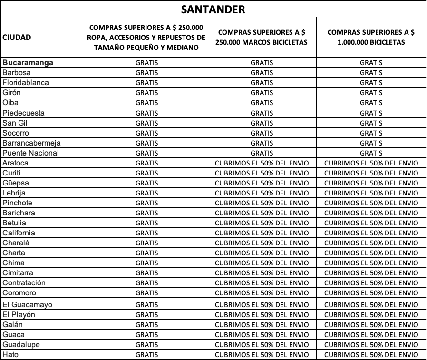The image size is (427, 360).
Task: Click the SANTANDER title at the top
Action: tap(213, 9)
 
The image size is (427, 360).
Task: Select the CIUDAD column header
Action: tap(17, 37)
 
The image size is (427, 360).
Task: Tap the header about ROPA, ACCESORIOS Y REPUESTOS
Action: tap(146, 37)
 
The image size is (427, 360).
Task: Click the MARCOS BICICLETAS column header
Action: tap(262, 37)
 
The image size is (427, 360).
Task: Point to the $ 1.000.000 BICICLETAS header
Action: tap(371, 37)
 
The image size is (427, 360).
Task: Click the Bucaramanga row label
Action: tap(28, 62)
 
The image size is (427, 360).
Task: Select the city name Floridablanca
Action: tap(25, 83)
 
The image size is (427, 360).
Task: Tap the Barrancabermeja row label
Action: tap(31, 143)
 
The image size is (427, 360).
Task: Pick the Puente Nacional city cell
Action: tap(30, 153)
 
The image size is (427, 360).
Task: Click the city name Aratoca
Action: tap(15, 163)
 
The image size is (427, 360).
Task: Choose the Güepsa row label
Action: tap(15, 183)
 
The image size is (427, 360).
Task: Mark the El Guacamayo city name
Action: tap(27, 304)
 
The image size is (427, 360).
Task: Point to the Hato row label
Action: tap(10, 354)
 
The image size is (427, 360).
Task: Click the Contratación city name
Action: tap(24, 282)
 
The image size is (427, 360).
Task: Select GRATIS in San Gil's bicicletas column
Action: tap(371, 123)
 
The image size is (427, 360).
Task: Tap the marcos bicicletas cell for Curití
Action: tap(262, 173)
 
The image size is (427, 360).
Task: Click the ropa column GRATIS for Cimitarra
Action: tap(146, 273)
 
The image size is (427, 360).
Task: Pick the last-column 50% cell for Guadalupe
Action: tap(371, 345)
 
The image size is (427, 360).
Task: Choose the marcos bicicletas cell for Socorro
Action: tap(262, 133)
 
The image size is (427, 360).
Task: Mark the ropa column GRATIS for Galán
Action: tap(146, 325)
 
